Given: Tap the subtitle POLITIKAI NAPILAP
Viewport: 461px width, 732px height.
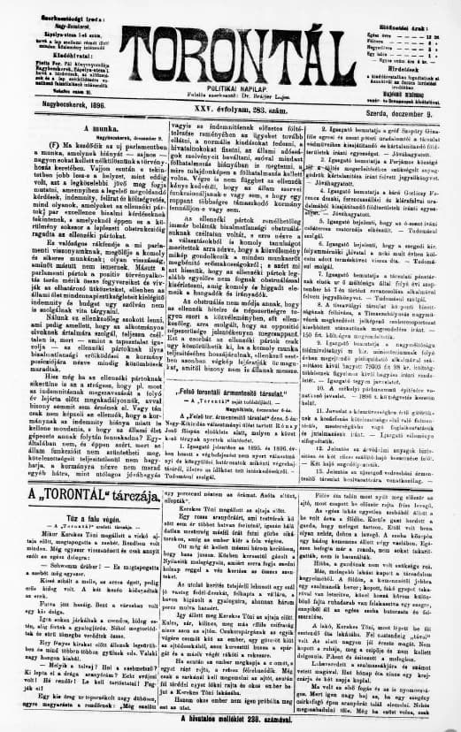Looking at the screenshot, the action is pyautogui.click(x=232, y=72).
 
